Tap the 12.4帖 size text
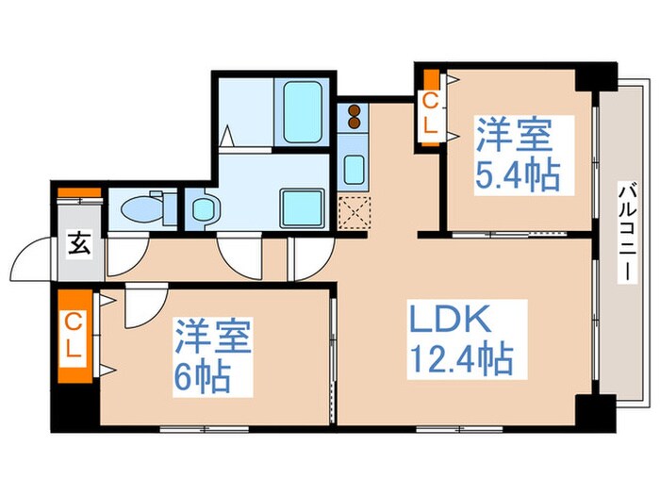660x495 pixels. [x=460, y=358]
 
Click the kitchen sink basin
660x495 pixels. [x=355, y=170]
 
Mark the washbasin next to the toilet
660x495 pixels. [x=202, y=208]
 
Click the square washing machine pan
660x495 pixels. [x=303, y=206]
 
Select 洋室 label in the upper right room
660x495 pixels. [x=512, y=135]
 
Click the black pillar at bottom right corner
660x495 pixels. [x=594, y=410]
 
